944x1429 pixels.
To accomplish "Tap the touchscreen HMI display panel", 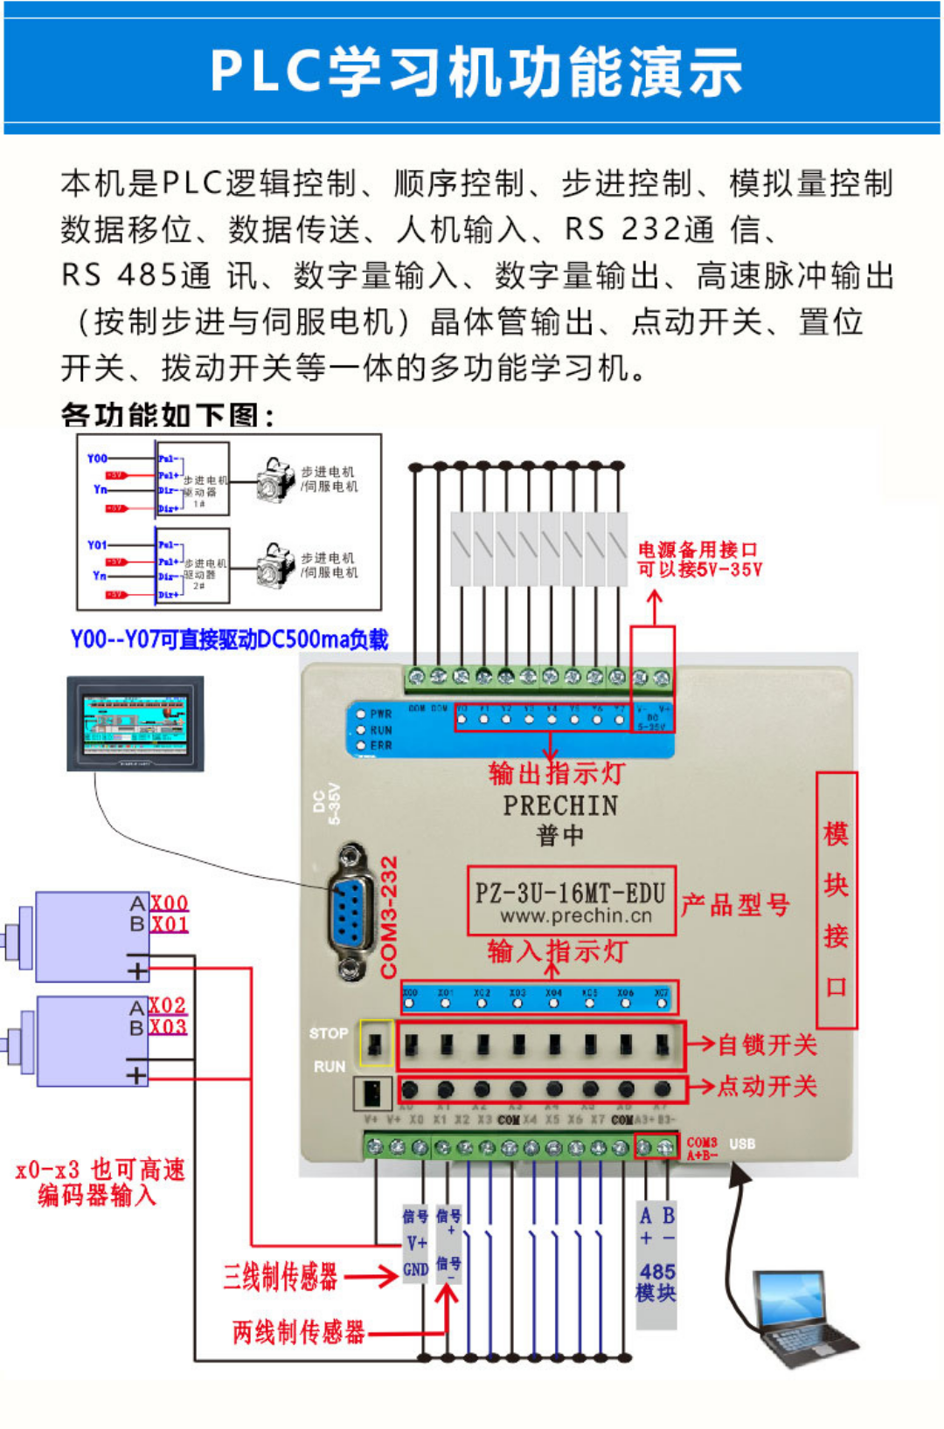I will pyautogui.click(x=135, y=723).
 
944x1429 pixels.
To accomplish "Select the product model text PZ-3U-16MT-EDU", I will pyautogui.click(x=571, y=893).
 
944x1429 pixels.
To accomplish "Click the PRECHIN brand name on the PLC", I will pyautogui.click(x=560, y=805).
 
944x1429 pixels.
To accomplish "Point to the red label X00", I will pyautogui.click(x=169, y=903).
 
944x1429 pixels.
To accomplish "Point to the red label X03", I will pyautogui.click(x=168, y=1027).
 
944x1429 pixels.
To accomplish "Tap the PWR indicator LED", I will pyautogui.click(x=360, y=714).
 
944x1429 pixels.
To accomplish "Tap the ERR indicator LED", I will pyautogui.click(x=360, y=746).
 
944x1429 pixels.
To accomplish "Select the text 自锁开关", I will pyautogui.click(x=767, y=1045).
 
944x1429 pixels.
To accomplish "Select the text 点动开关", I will pyautogui.click(x=767, y=1087).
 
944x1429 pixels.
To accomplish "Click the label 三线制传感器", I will pyautogui.click(x=280, y=1277).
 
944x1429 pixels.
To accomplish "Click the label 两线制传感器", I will pyautogui.click(x=298, y=1332).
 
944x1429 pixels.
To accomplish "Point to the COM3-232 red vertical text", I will pyautogui.click(x=389, y=917).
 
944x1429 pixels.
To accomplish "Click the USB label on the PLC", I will pyautogui.click(x=742, y=1143).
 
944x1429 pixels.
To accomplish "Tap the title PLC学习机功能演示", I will pyautogui.click(x=475, y=72).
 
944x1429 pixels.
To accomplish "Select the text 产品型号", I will pyautogui.click(x=735, y=905).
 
